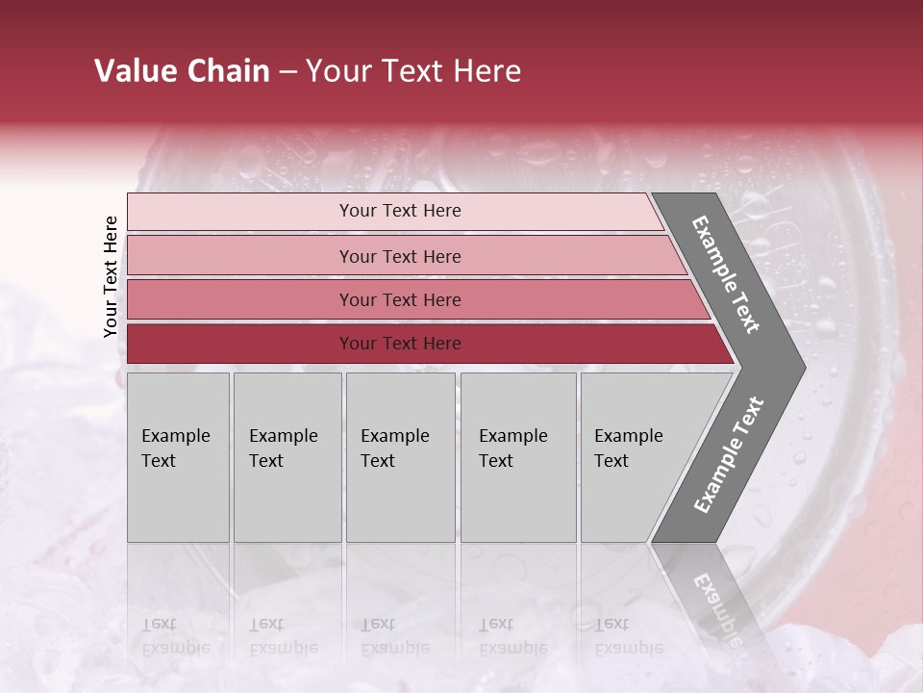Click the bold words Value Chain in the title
click(182, 71)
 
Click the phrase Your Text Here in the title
click(413, 71)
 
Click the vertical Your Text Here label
click(111, 277)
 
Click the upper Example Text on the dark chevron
click(726, 274)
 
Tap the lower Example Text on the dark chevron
click(729, 454)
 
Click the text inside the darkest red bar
click(400, 344)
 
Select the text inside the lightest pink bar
click(400, 211)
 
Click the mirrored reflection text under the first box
click(175, 636)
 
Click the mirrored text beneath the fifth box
click(628, 636)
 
